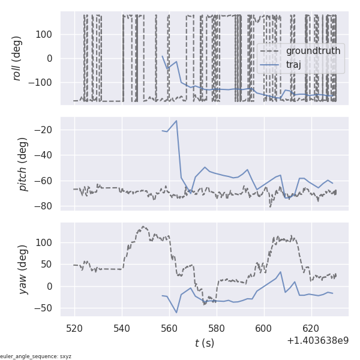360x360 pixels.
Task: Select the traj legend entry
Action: (x=293, y=65)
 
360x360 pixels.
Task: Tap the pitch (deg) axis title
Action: (x=23, y=164)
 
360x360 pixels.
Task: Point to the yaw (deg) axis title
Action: (x=23, y=269)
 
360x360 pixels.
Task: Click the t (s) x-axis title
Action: (x=204, y=343)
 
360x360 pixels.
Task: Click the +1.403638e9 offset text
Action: (x=318, y=341)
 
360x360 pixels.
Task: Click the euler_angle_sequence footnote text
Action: (x=36, y=356)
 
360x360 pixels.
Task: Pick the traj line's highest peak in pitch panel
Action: (x=176, y=121)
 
